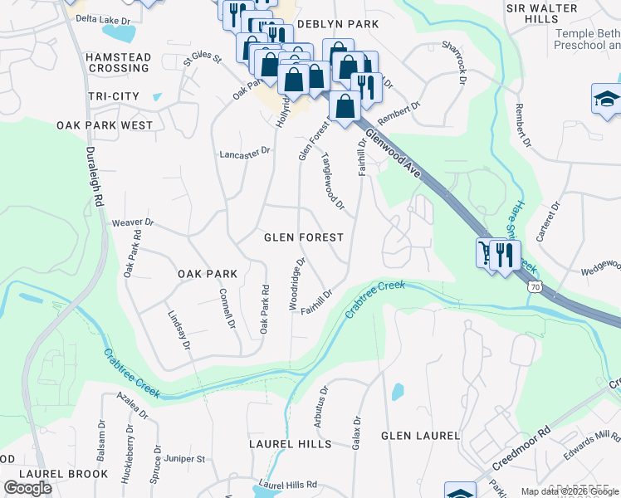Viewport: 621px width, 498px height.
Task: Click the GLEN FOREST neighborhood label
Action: (303, 237)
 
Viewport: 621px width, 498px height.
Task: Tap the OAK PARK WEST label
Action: (105, 125)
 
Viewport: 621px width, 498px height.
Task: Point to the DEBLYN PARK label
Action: (337, 25)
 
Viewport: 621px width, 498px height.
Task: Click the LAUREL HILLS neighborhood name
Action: (291, 444)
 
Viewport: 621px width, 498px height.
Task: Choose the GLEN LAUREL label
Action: (420, 436)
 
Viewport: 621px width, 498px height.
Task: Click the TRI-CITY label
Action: (114, 97)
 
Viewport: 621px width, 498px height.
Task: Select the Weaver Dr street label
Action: (134, 222)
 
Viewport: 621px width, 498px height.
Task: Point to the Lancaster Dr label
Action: (245, 153)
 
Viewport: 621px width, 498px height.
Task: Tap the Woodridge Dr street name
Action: (297, 284)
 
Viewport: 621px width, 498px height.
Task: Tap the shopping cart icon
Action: (485, 252)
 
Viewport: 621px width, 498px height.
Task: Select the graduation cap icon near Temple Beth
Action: (606, 100)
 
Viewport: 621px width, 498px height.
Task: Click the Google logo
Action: (27, 488)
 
